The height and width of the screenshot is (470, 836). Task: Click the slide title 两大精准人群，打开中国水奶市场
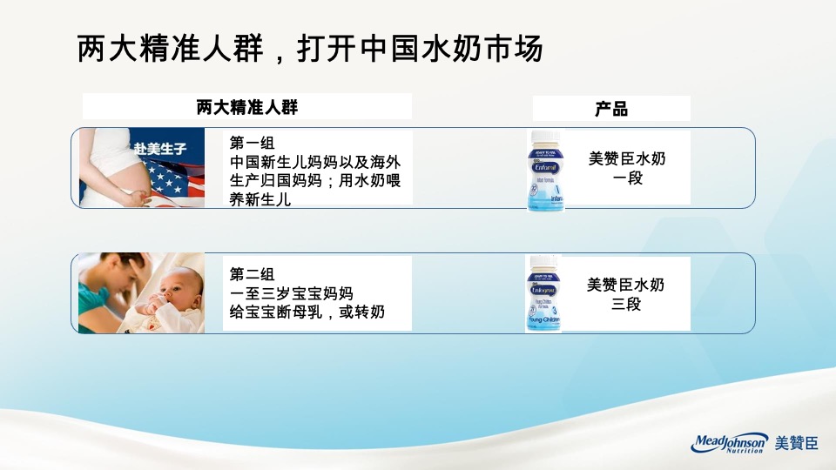point(310,49)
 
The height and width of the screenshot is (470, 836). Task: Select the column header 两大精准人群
point(247,108)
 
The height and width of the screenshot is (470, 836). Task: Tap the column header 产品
point(611,109)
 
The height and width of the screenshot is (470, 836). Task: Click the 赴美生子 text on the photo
point(162,148)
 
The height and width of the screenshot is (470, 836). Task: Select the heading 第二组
point(252,275)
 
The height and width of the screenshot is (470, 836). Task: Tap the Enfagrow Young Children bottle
point(544,293)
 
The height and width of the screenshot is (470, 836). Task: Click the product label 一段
point(627,178)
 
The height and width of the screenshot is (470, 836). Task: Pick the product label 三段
point(626,305)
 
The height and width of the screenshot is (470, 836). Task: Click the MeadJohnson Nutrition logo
point(730,443)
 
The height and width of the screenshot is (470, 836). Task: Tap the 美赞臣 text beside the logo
point(797,444)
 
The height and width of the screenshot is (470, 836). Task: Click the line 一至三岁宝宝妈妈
point(291,293)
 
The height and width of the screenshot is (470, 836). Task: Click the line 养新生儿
point(260,198)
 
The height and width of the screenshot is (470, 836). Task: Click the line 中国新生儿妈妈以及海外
point(314,162)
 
